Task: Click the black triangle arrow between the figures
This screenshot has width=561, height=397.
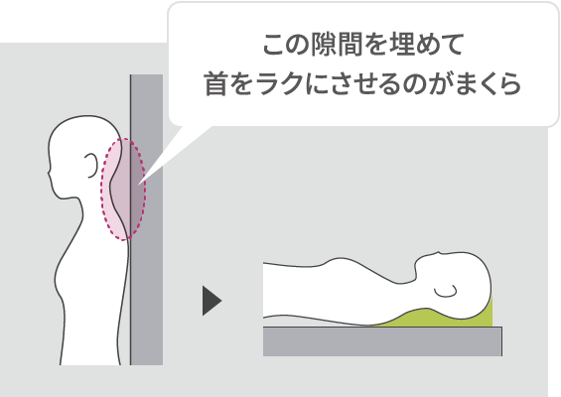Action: click(211, 301)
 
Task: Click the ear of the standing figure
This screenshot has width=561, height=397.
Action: click(91, 165)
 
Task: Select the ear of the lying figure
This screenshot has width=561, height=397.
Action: click(446, 291)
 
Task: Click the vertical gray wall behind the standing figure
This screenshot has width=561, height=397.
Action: click(146, 219)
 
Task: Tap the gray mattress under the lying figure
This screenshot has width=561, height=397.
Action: click(382, 341)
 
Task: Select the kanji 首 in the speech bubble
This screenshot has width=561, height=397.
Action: click(215, 84)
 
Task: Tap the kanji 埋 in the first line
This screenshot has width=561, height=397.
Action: click(401, 45)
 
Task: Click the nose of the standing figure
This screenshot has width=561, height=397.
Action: click(49, 173)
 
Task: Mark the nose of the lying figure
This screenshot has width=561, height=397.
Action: click(437, 253)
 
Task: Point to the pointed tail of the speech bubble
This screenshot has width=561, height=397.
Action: click(140, 184)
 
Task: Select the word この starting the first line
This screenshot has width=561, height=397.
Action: click(286, 45)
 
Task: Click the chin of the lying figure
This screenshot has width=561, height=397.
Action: click(417, 265)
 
